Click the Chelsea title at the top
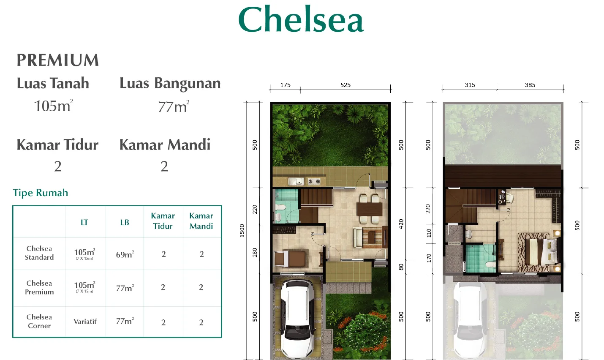point(301,20)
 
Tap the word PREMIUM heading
point(58,60)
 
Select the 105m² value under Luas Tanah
point(53,106)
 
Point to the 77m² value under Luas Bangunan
point(173,106)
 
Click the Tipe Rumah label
point(41,193)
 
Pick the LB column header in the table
point(125,222)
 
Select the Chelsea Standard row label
point(39,253)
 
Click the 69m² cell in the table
point(125,254)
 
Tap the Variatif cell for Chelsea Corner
point(85,322)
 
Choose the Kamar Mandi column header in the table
point(201,221)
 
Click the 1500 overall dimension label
point(242,230)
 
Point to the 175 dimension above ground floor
point(285,85)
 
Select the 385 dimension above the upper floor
point(530,85)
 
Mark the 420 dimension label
point(401,224)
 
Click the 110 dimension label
point(429,232)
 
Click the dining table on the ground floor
point(369,209)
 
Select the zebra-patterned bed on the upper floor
point(534,252)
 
